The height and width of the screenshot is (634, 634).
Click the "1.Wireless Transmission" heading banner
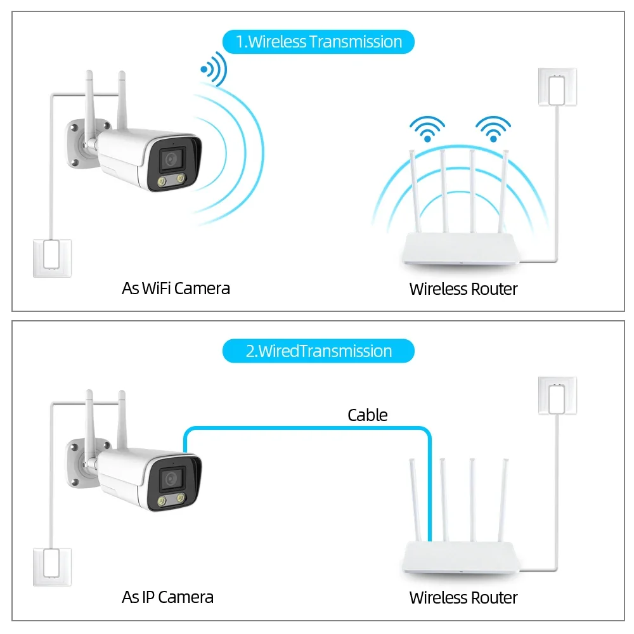[318, 42]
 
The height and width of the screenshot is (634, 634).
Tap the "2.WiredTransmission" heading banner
[318, 351]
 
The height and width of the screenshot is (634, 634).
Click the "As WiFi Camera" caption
[176, 288]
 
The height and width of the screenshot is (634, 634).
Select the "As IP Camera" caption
[167, 597]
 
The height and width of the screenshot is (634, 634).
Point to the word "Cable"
[367, 415]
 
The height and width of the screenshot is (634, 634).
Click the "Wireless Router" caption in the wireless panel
[463, 289]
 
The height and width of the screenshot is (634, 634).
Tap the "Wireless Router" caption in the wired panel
[463, 597]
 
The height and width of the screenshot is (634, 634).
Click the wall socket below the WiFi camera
[51, 257]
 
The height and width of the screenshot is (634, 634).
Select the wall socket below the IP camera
[51, 567]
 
